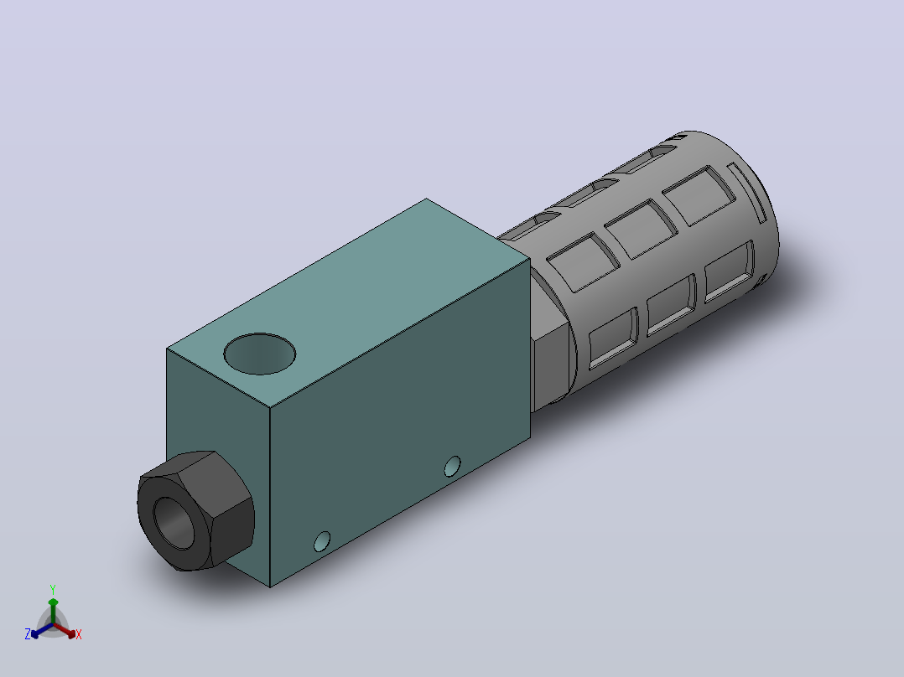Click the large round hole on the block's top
pos(259,354)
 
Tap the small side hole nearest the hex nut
pos(322,541)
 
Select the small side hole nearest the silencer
pos(453,467)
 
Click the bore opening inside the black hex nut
pos(174,523)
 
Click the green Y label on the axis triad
pos(53,589)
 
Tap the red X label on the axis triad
pos(79,634)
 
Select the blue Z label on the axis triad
pos(28,634)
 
